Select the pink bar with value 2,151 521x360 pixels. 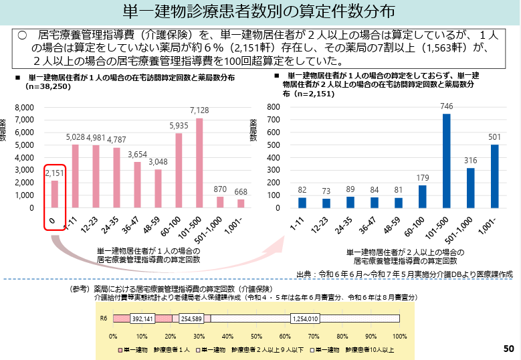point(54,194)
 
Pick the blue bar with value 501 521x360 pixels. point(494,176)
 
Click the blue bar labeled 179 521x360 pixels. point(422,196)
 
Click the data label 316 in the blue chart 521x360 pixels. point(470,161)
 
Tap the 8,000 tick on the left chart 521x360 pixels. point(23,108)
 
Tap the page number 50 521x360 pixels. point(508,349)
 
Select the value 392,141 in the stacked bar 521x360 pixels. point(142,319)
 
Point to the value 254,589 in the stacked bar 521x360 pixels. point(191,319)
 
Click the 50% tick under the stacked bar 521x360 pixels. point(256,335)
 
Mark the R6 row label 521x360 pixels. point(104,319)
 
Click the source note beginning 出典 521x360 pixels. point(403,274)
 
